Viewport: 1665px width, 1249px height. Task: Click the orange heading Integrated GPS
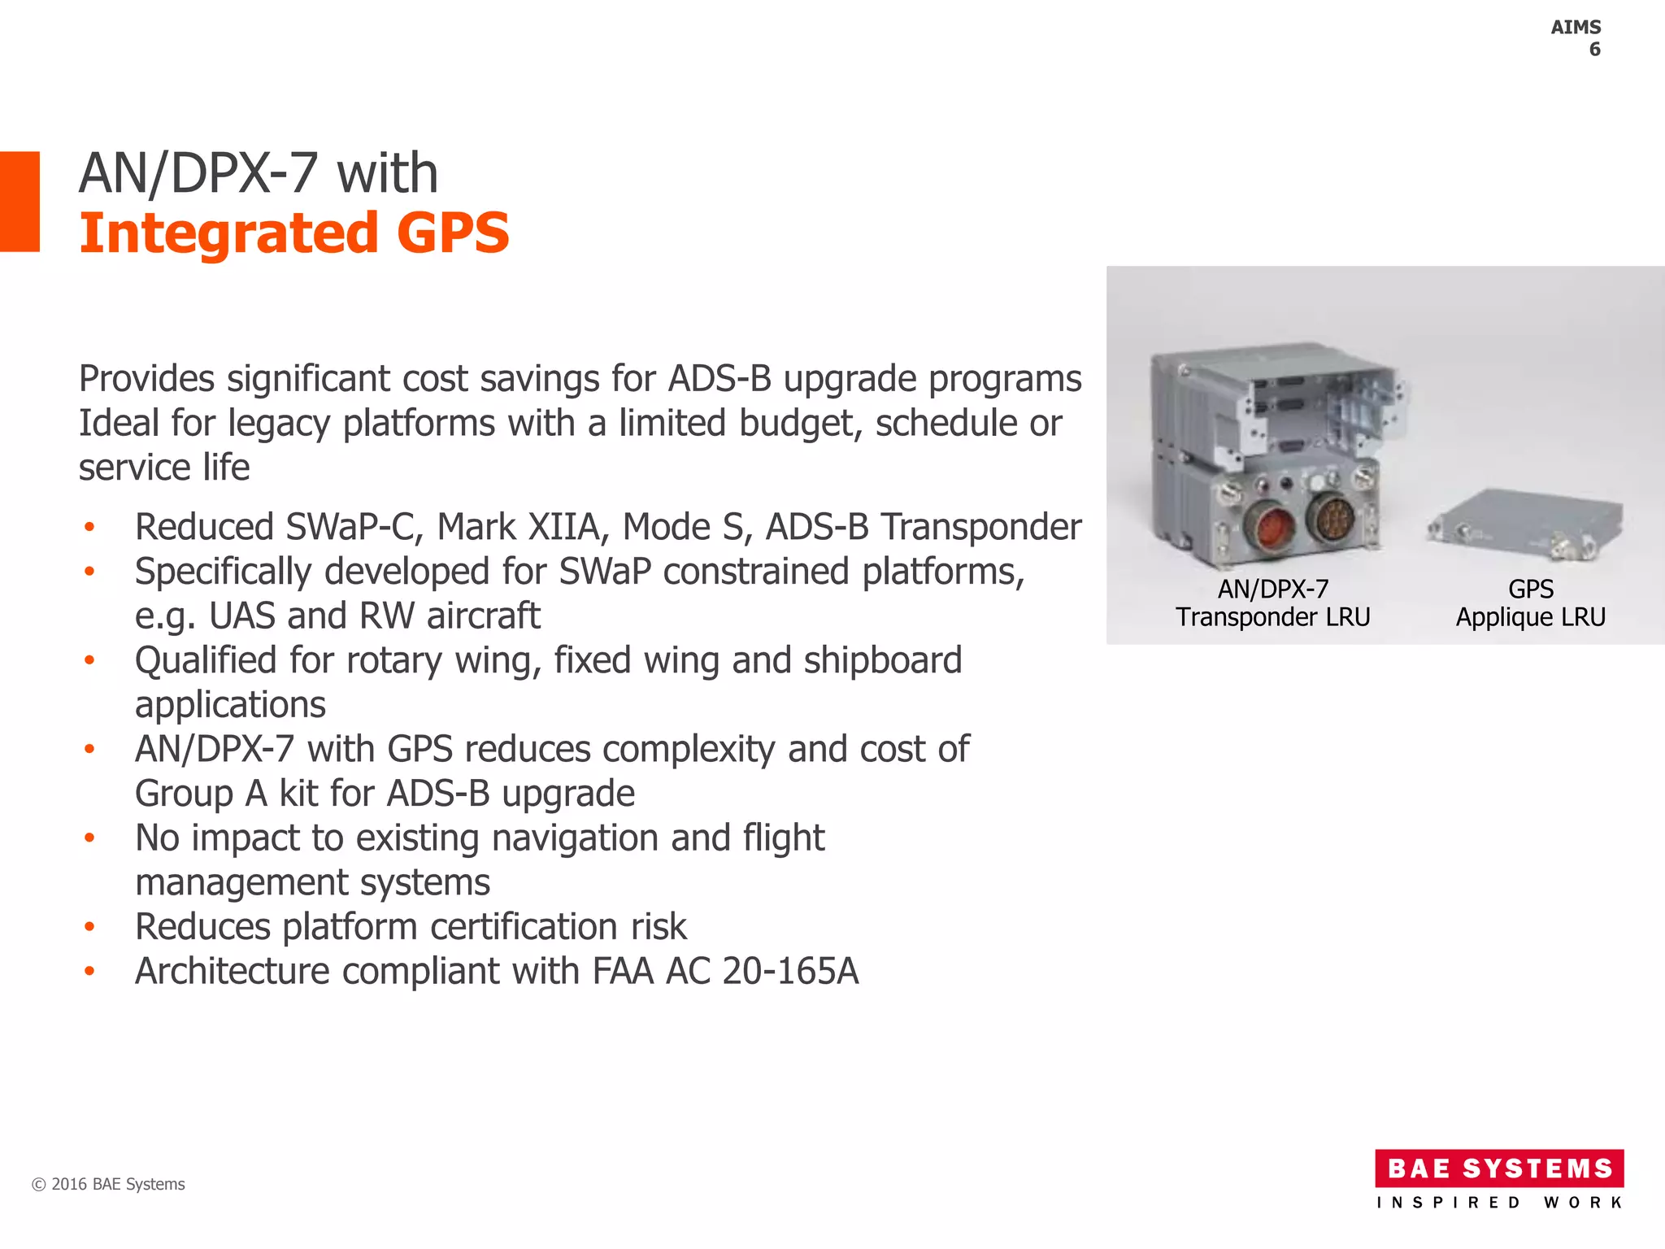point(293,233)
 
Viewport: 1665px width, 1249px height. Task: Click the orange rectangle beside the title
point(20,201)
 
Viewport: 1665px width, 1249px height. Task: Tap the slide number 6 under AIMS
point(1594,50)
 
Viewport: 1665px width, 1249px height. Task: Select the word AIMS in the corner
point(1575,27)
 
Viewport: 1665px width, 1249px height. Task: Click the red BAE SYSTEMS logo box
point(1498,1168)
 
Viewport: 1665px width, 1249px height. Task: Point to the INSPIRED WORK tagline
point(1498,1203)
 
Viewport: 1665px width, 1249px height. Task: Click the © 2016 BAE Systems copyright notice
point(108,1184)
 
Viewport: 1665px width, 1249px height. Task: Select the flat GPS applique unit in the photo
point(1524,524)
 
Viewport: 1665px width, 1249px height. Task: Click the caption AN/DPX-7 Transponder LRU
point(1272,603)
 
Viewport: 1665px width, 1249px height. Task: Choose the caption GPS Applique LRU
point(1530,603)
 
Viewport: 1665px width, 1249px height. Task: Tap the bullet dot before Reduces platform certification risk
point(89,926)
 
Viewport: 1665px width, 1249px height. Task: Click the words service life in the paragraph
point(163,468)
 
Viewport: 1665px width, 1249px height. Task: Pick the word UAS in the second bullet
point(241,616)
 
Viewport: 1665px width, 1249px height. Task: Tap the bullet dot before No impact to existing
point(89,838)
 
